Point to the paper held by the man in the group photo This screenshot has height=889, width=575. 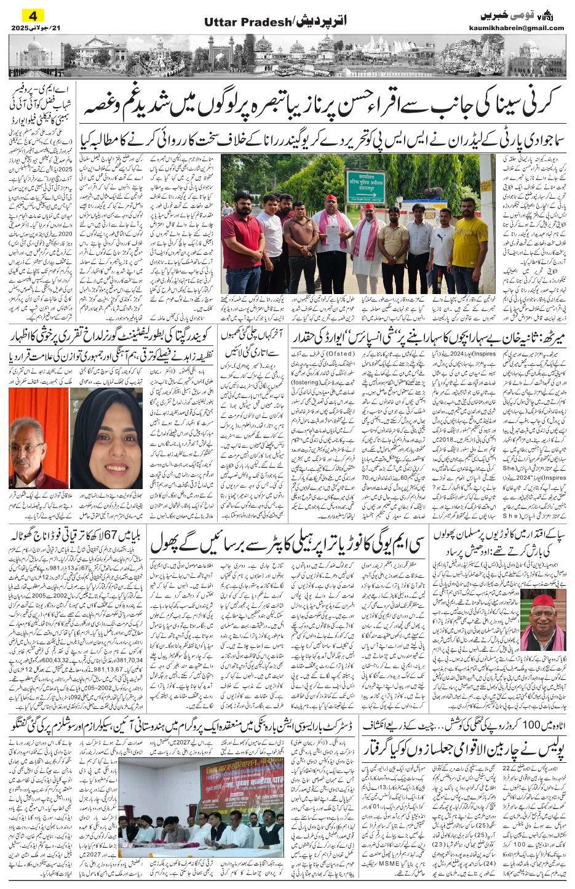333,232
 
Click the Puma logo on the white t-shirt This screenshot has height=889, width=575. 442,236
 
